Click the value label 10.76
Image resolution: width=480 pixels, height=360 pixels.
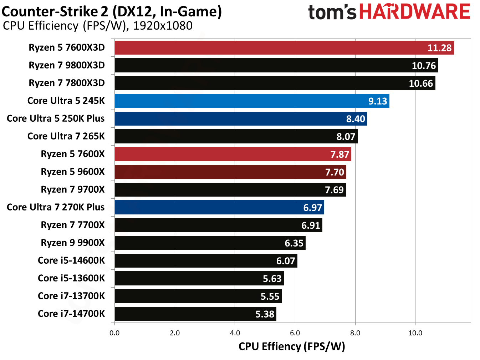click(424, 66)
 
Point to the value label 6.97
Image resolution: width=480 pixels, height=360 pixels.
click(312, 208)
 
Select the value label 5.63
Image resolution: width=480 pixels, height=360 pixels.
click(272, 279)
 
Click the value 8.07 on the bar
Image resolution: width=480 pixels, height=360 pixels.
click(346, 137)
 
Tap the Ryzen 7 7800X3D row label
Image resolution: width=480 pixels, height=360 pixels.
click(67, 83)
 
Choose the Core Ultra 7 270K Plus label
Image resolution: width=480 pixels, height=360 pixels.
click(56, 207)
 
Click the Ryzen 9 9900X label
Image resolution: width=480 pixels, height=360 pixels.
click(73, 243)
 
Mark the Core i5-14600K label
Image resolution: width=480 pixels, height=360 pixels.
click(71, 260)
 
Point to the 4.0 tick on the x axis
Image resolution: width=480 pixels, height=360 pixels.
click(235, 333)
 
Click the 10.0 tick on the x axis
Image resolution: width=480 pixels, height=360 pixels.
click(415, 333)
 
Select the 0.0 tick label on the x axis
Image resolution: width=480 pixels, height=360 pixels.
click(114, 333)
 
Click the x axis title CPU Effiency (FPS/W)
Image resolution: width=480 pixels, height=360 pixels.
click(291, 346)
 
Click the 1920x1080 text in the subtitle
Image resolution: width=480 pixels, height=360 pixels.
click(163, 26)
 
